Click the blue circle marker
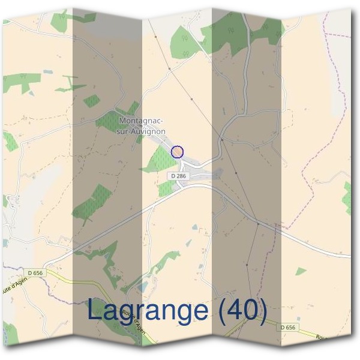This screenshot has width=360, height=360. point(176,152)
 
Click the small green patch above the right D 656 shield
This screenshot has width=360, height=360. point(301,271)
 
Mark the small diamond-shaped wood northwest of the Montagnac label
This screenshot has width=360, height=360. point(92,101)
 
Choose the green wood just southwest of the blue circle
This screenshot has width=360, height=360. point(159,160)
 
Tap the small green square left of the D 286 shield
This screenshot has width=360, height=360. point(166,189)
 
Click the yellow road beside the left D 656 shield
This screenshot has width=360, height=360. point(60,276)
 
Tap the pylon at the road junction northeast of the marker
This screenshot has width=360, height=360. point(221,140)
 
